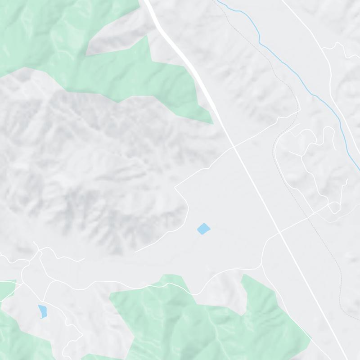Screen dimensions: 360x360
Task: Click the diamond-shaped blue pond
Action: click(x=203, y=229)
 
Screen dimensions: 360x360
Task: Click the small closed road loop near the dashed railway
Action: click(x=334, y=207)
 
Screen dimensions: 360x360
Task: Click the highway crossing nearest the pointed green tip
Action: click(x=234, y=147)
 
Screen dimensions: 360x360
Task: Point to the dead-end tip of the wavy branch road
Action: click(x=84, y=260)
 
